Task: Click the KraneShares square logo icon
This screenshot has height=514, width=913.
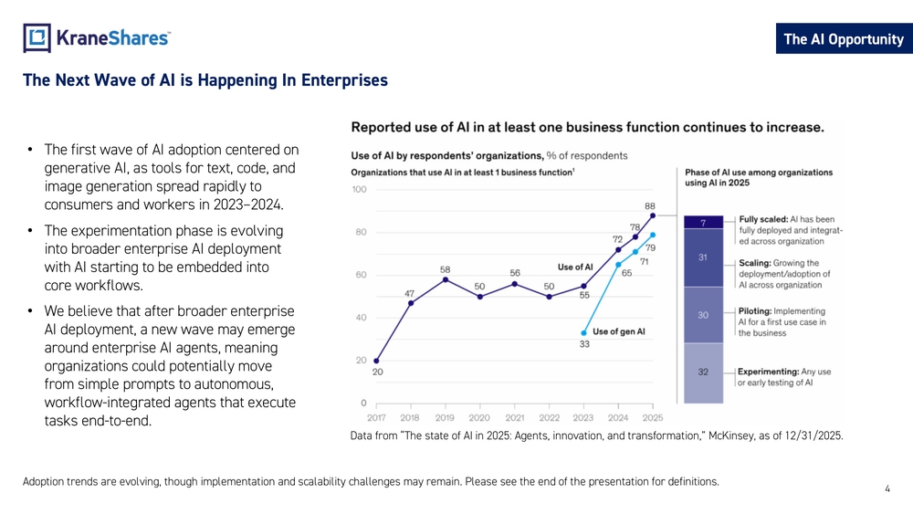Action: click(x=37, y=37)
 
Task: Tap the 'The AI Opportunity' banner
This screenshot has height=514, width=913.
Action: click(x=844, y=39)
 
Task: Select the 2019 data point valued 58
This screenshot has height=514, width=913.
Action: click(x=446, y=279)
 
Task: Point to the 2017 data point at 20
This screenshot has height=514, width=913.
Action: click(x=376, y=361)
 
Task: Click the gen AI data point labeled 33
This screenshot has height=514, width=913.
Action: click(x=584, y=333)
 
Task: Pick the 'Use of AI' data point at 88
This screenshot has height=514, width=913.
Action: click(x=653, y=215)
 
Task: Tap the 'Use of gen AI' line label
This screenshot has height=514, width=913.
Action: click(x=619, y=331)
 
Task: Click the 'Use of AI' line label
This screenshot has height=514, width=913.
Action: click(x=575, y=267)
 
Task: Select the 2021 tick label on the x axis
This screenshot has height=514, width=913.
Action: click(x=515, y=417)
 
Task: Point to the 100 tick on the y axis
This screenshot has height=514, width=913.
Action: click(x=359, y=189)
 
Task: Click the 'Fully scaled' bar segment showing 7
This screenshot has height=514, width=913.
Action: click(x=703, y=223)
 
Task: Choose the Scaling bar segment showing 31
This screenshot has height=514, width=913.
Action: click(x=703, y=257)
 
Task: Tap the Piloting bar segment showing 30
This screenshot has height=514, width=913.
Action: click(x=703, y=315)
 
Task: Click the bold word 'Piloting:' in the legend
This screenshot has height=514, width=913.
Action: click(x=755, y=310)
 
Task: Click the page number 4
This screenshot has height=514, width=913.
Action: click(x=887, y=489)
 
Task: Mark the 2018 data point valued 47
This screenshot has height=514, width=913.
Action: click(x=411, y=303)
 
